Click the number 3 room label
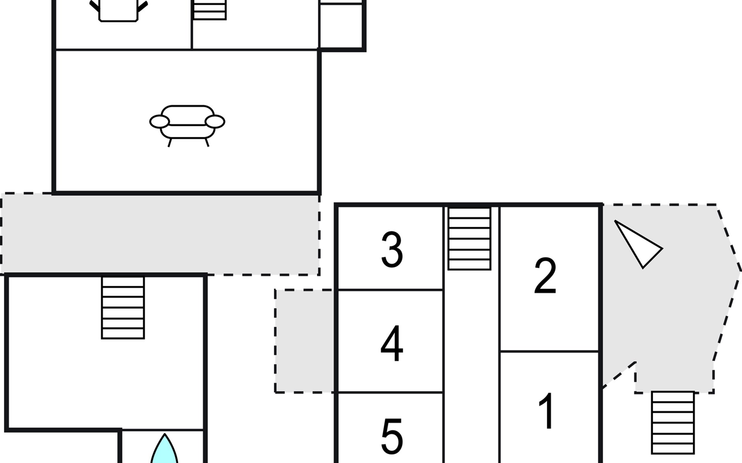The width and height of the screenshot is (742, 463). point(392,250)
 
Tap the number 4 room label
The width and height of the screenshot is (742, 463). point(392,343)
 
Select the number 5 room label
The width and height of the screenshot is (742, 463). point(392,436)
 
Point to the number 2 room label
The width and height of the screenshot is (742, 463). point(545,276)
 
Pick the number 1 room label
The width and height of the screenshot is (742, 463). point(547,411)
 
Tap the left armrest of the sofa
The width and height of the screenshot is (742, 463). point(159,122)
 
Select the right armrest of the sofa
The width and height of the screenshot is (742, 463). point(215,122)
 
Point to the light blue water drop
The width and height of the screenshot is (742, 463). point(164,451)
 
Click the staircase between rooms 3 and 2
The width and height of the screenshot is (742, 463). point(469,238)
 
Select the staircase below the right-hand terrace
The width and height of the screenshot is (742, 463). point(673,422)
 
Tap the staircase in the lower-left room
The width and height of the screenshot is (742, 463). point(123,308)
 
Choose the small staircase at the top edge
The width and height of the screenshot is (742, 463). point(209,10)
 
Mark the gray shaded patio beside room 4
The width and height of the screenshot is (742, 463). point(305,341)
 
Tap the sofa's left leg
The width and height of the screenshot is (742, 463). point(169,143)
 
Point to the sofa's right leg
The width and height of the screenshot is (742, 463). point(207,143)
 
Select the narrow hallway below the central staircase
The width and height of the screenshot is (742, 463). point(471,367)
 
